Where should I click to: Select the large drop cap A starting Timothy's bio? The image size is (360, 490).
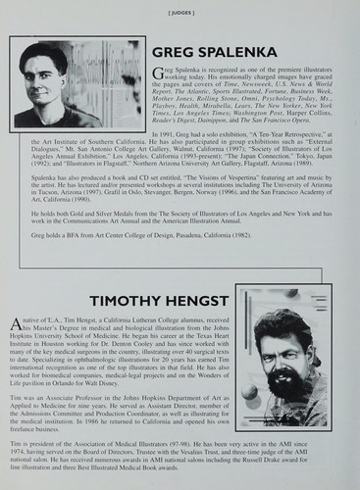coord(14,326)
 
